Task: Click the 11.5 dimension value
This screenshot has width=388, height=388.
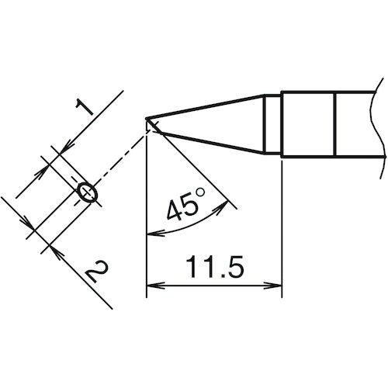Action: (213, 268)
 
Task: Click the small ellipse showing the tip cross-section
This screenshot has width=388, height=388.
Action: (88, 192)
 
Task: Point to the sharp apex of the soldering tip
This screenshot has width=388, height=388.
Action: (147, 120)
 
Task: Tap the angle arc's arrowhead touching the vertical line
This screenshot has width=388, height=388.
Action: (150, 232)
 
